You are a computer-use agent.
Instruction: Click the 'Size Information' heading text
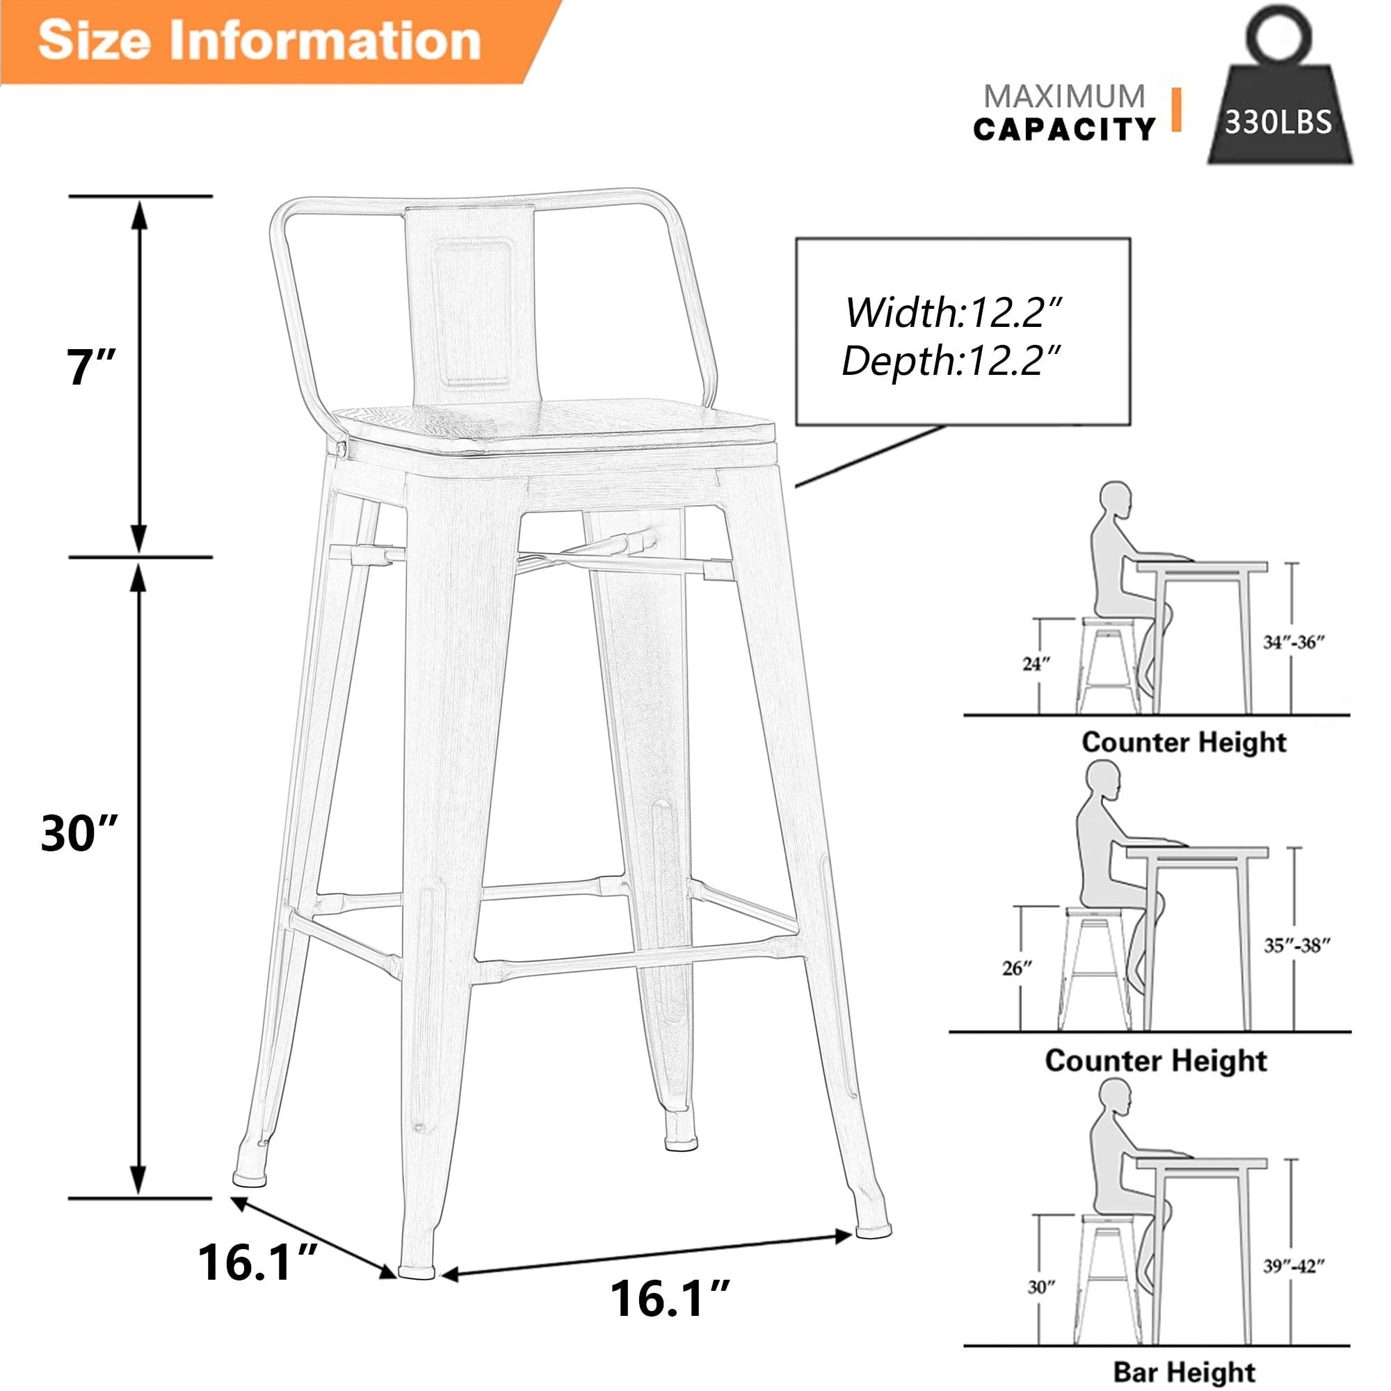click(259, 40)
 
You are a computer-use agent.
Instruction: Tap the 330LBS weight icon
click(1279, 108)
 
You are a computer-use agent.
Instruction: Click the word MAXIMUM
click(1063, 97)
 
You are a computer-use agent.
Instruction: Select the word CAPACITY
click(1063, 129)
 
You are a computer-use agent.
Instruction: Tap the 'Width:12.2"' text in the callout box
click(954, 313)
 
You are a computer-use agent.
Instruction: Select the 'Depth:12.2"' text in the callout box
click(952, 361)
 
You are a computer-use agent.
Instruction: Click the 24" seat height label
click(1036, 664)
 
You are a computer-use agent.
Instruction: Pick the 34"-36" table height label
click(1294, 642)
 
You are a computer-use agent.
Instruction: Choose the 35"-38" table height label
click(1296, 945)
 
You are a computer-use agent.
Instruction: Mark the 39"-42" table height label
click(1294, 1265)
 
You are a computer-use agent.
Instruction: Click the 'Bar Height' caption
click(1184, 1372)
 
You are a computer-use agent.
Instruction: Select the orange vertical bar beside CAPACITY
click(1175, 109)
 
